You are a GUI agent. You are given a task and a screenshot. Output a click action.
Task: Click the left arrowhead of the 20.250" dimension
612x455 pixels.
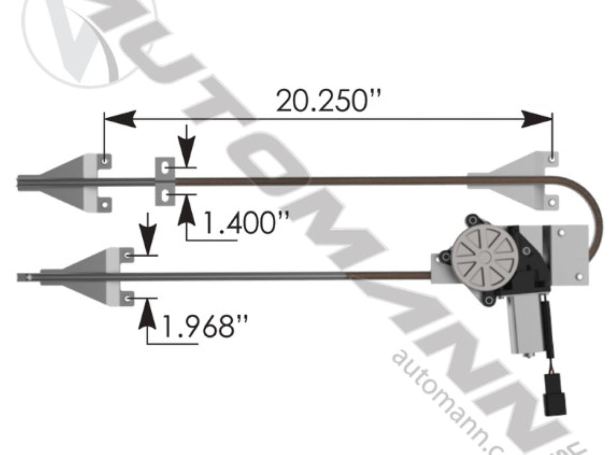click(121, 119)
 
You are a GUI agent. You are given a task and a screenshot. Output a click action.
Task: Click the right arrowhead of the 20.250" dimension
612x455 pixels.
click(536, 119)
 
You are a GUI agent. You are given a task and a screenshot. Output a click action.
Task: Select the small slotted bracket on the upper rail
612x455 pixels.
click(165, 181)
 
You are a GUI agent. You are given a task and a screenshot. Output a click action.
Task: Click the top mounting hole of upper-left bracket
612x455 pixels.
click(104, 161)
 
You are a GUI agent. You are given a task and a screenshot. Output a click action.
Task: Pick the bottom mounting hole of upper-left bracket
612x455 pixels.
click(104, 205)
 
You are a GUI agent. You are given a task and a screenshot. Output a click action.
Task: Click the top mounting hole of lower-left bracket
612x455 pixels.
click(127, 255)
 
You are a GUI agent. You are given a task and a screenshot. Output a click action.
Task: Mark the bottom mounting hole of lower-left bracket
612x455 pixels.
click(127, 299)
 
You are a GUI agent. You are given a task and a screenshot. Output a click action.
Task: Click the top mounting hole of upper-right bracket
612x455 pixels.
click(552, 158)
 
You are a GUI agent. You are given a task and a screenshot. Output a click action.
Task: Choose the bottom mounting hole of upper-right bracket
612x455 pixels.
click(552, 203)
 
